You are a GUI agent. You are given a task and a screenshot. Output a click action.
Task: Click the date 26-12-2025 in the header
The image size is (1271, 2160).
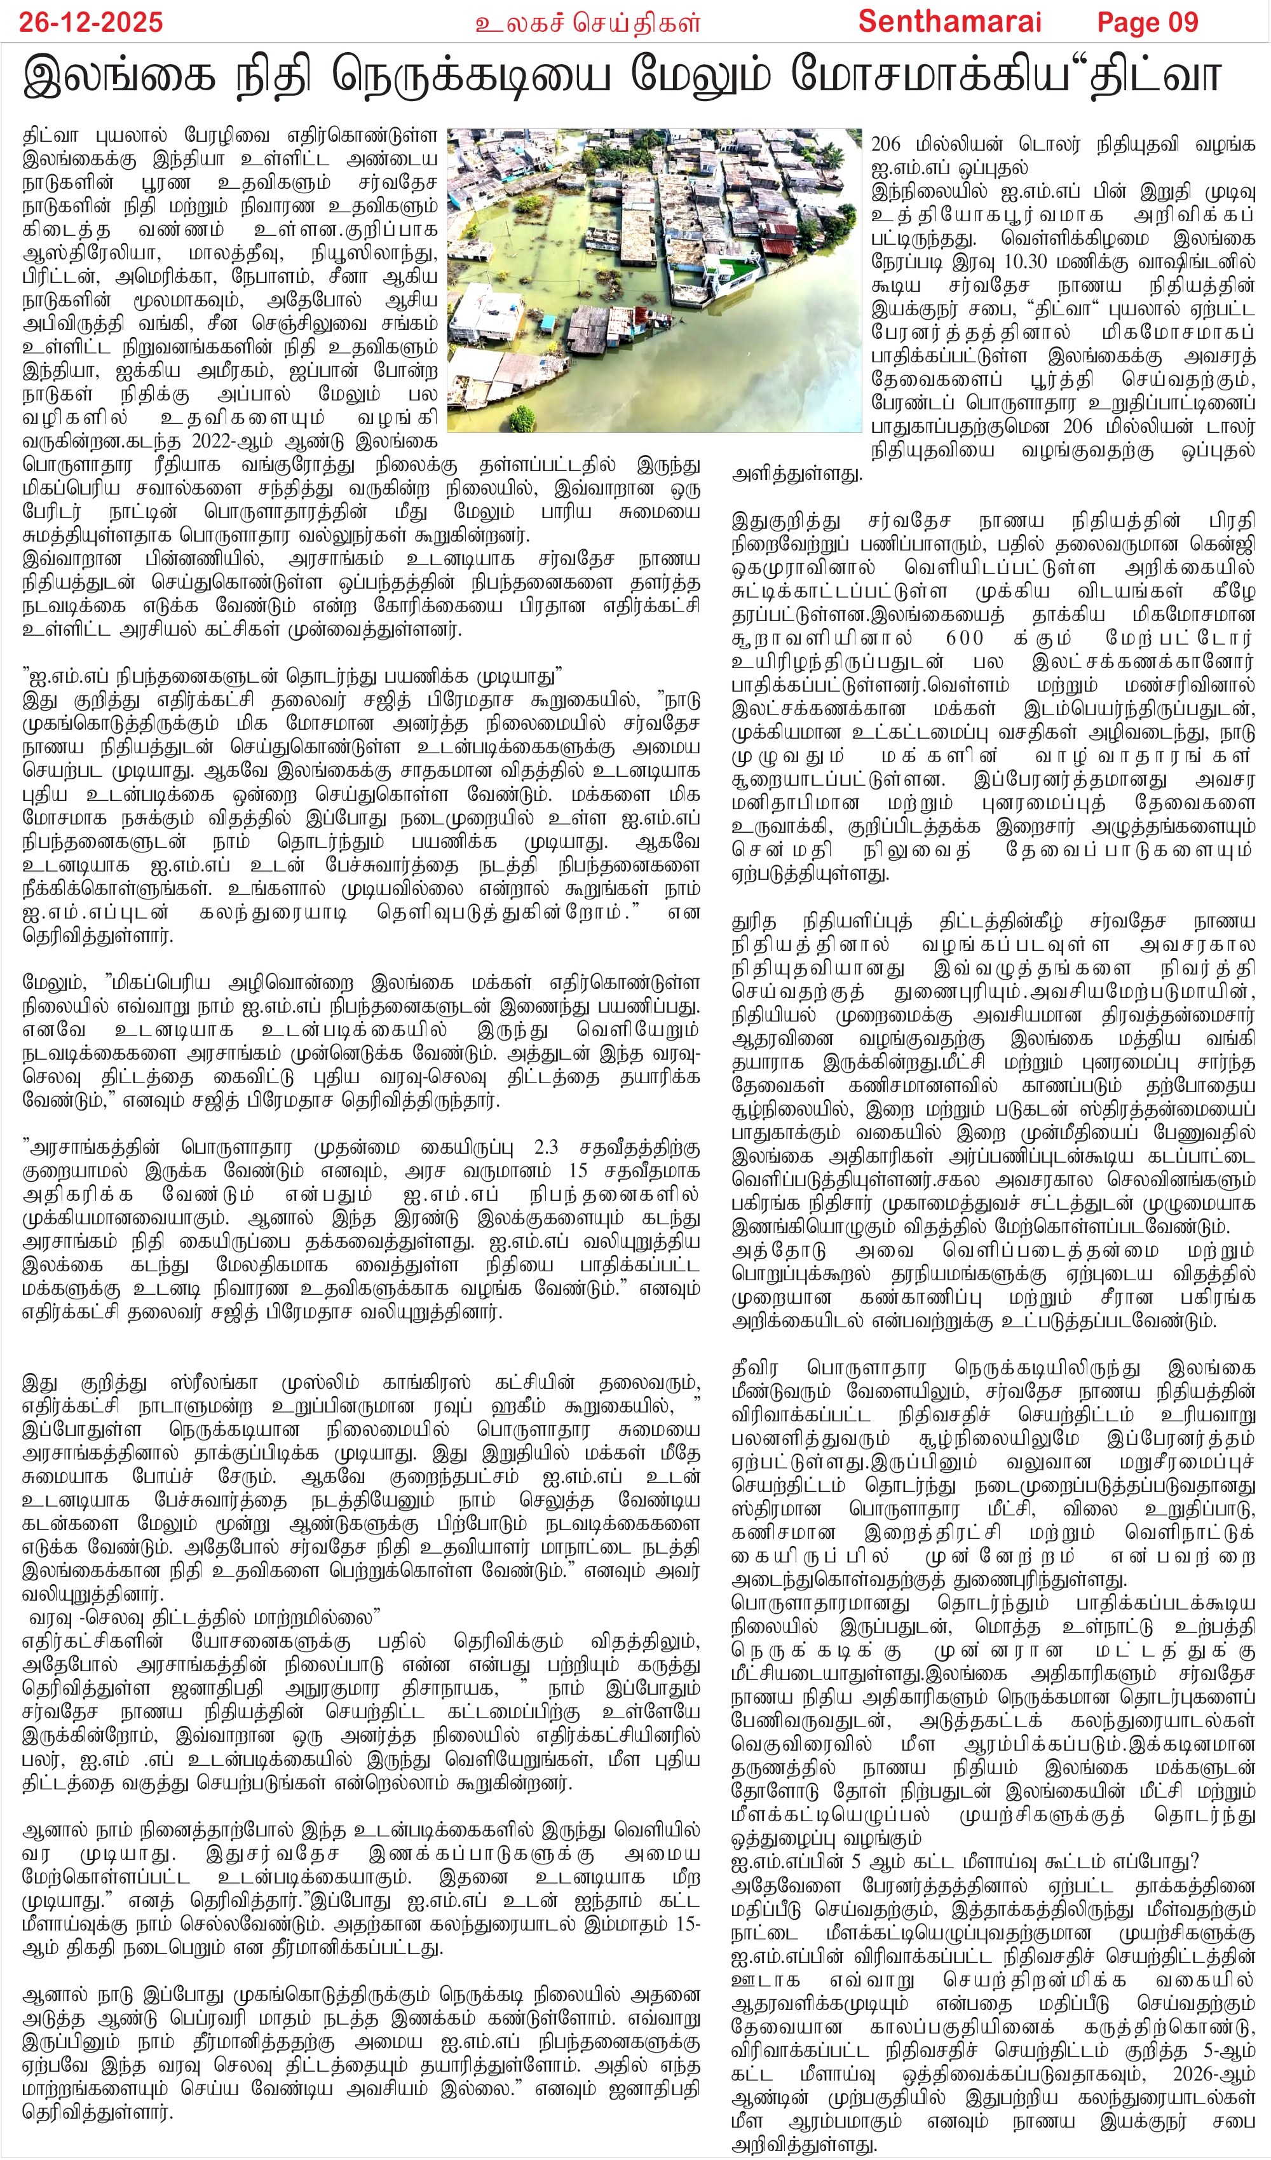coord(91,22)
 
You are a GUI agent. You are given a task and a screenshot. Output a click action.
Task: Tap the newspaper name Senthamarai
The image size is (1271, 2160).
coord(949,22)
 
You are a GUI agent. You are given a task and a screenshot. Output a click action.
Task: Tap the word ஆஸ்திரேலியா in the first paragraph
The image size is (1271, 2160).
coord(101,254)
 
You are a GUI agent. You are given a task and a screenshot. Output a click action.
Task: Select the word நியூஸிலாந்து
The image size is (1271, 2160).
coord(369,254)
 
